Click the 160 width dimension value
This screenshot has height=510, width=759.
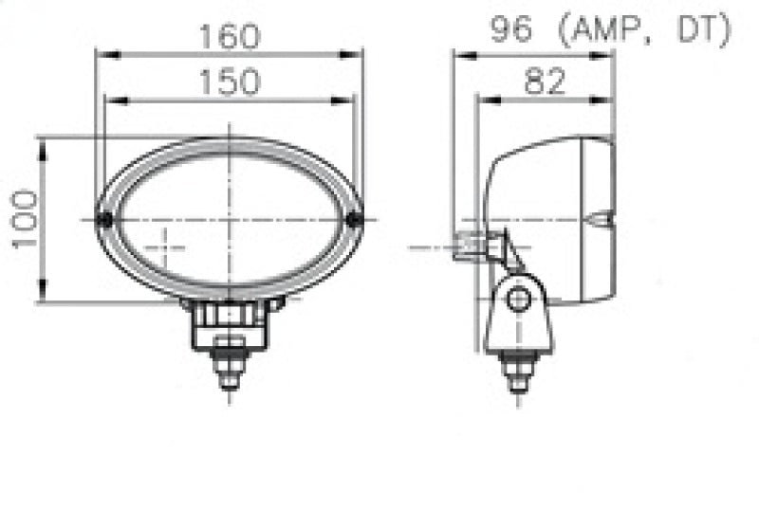(x=229, y=36)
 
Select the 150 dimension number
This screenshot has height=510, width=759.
(x=229, y=82)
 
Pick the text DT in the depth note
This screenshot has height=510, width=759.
(x=698, y=30)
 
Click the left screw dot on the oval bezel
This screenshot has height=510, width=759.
(x=105, y=220)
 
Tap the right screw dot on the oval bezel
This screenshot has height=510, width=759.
(x=355, y=220)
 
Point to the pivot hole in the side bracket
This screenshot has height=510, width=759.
(x=517, y=301)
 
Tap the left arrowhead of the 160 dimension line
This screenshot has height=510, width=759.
(x=101, y=54)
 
